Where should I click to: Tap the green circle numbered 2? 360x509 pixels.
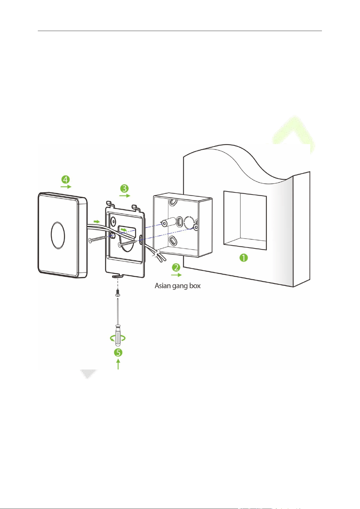click(176, 267)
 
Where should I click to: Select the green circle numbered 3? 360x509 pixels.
click(124, 188)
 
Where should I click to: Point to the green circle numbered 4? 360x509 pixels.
click(65, 179)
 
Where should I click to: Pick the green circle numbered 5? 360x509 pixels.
click(118, 353)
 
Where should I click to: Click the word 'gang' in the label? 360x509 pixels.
click(179, 286)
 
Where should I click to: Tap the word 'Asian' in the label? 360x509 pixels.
click(163, 285)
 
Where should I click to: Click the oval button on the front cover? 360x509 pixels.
click(58, 235)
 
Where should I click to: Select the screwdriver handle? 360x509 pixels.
click(118, 335)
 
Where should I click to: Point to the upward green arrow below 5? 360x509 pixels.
click(118, 364)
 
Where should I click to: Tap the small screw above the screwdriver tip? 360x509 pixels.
click(117, 293)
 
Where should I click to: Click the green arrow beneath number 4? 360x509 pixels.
click(66, 187)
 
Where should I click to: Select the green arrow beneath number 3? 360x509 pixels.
click(125, 195)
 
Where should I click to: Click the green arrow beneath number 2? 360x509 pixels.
click(176, 275)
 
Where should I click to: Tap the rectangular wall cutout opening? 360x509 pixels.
click(245, 220)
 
